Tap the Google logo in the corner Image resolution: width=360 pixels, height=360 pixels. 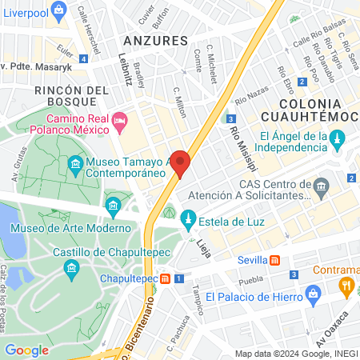coord(27,350)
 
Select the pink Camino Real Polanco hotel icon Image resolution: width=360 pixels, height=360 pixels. coord(121,122)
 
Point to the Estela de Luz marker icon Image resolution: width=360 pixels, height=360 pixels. coord(189,217)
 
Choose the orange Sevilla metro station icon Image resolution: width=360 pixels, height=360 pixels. coord(274,260)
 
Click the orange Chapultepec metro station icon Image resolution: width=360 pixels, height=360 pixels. coord(164,278)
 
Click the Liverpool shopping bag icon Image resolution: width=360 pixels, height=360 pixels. coord(58,10)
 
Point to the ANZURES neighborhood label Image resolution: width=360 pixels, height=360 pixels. coord(155,40)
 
